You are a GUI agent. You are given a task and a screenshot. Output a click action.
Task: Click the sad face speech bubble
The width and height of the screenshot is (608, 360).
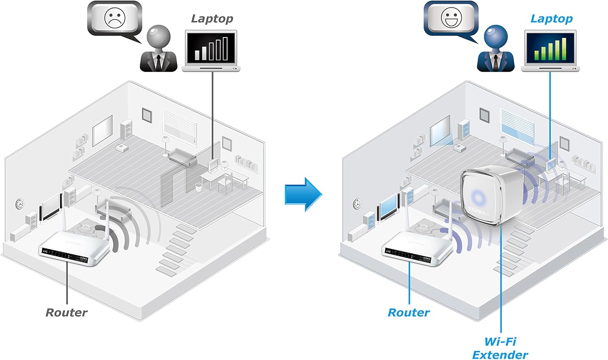click(115, 18)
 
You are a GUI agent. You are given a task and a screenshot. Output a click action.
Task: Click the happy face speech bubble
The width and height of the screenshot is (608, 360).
click(451, 18)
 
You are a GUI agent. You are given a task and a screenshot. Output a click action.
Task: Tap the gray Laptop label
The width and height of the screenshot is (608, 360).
click(212, 19)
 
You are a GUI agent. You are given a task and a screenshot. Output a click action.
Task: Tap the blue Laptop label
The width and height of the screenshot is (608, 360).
click(551, 19)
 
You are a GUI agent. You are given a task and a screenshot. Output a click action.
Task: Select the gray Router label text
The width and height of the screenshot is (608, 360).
click(66, 313)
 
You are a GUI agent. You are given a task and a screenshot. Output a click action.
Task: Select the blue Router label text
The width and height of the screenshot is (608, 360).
click(409, 313)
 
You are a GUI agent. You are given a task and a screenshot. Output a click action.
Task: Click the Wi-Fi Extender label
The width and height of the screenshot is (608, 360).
click(500, 348)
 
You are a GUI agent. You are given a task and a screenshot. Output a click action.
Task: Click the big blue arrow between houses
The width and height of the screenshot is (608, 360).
click(303, 194)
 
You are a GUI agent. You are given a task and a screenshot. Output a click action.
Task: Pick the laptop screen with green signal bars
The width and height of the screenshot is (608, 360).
click(550, 47)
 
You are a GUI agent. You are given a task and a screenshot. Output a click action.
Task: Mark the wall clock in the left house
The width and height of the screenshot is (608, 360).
click(19, 204)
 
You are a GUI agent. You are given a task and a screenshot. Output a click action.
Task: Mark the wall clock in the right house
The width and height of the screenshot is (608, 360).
click(357, 204)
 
